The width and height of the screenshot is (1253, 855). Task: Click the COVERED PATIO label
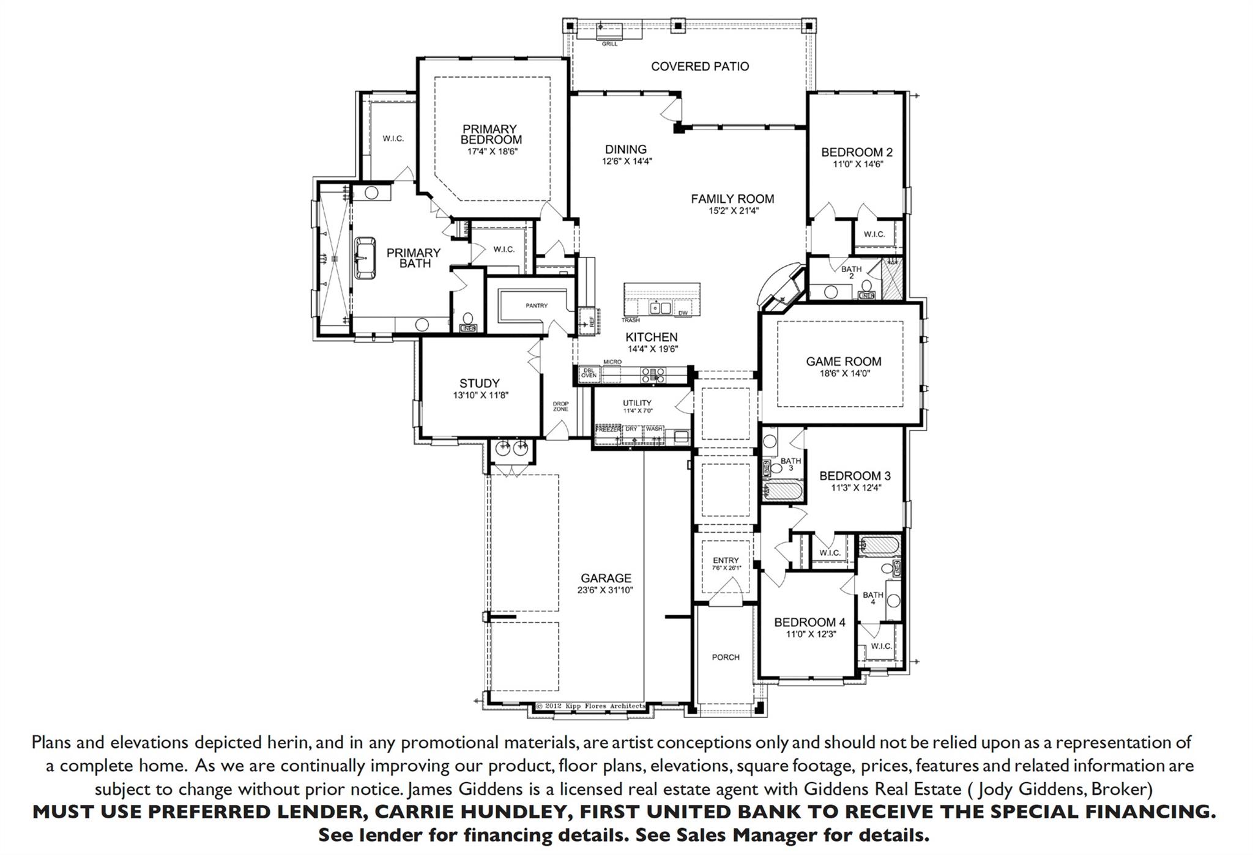coord(699,66)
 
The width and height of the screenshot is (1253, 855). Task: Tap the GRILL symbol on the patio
coord(609,30)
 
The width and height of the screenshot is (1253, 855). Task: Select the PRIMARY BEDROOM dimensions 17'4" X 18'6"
coord(493,151)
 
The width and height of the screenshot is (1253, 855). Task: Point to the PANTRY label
coord(536,305)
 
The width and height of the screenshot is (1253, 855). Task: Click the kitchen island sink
coord(660,307)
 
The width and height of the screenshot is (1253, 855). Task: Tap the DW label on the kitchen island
coord(683,313)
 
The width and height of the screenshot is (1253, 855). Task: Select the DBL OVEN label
coord(589,373)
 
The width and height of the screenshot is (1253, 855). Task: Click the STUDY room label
coord(480,383)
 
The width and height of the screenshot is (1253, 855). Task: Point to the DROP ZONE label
coord(560,406)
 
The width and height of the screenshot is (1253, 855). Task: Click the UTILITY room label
coord(637,402)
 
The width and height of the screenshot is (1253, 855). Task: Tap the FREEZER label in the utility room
coord(608,429)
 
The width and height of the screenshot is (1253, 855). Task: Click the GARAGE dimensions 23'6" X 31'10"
coord(606,590)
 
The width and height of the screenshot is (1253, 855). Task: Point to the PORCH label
coord(726,657)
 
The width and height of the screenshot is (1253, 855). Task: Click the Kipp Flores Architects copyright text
coord(591,706)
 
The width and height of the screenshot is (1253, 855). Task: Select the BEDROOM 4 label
coord(809,622)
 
